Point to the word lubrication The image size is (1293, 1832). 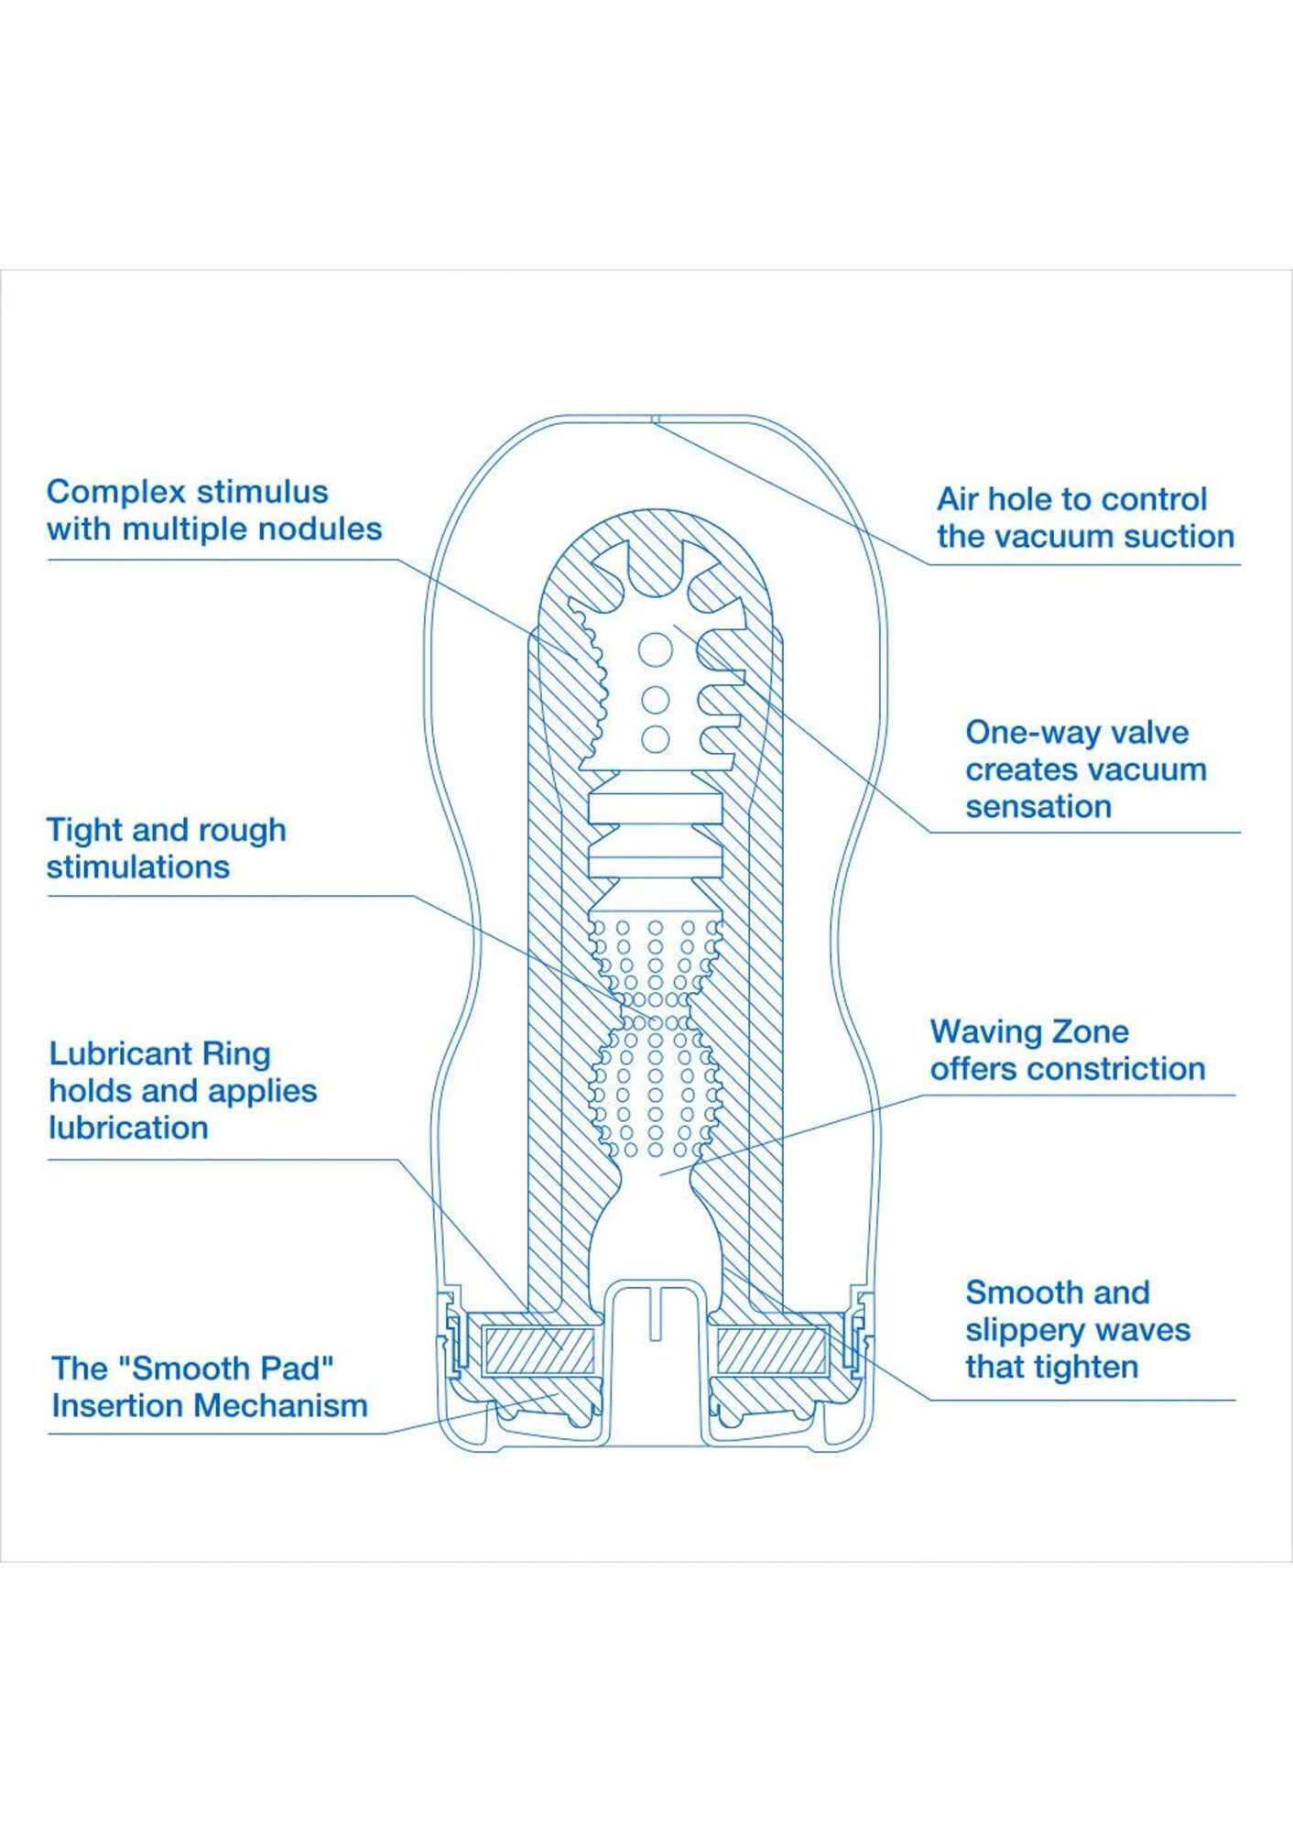[128, 1128]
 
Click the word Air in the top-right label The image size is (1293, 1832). [958, 499]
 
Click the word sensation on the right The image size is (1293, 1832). [1038, 807]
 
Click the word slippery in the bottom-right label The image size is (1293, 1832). [1024, 1331]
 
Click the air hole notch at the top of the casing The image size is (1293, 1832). [656, 420]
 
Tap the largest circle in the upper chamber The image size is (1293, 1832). [656, 649]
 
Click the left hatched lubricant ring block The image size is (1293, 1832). [538, 1351]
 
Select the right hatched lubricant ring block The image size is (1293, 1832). [772, 1351]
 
